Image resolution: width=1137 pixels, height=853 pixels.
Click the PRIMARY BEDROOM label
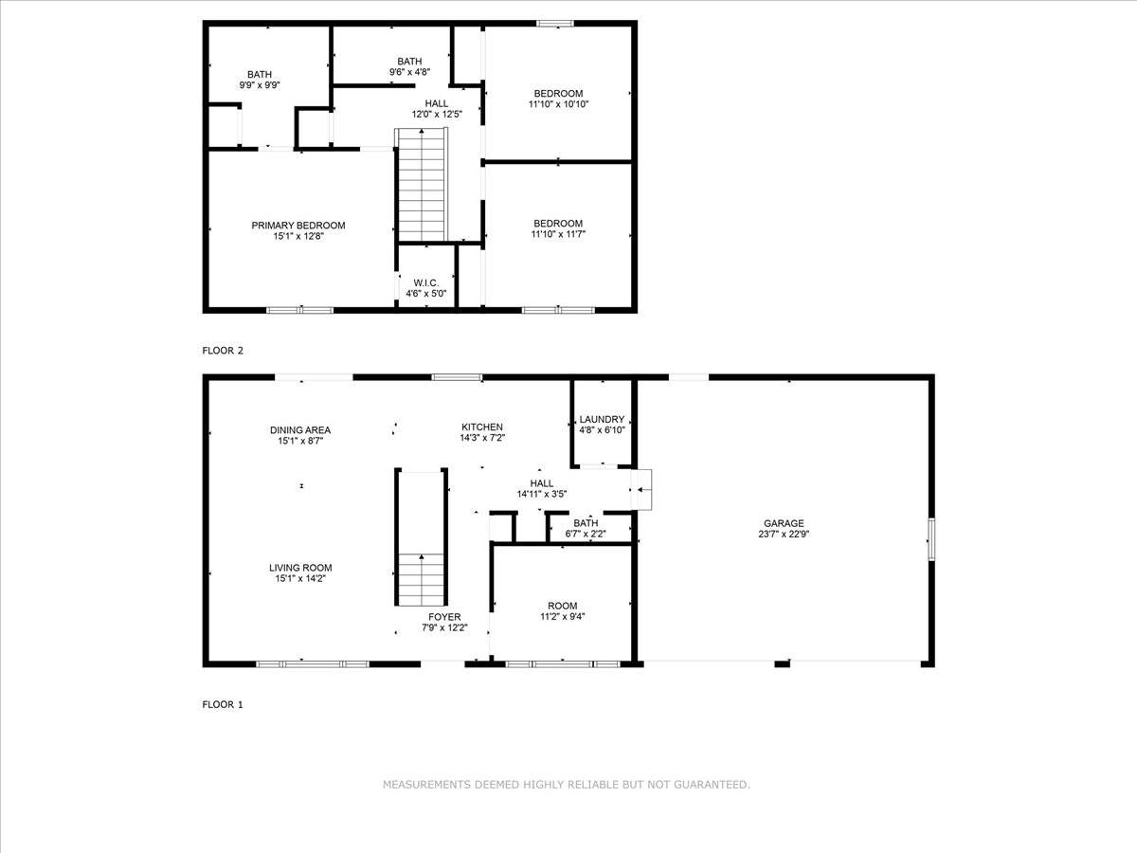[x=298, y=226]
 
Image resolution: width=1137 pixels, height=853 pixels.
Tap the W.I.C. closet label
[x=424, y=282]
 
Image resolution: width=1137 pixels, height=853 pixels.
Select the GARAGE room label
[x=784, y=523]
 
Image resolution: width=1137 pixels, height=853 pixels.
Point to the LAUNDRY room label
[x=602, y=420]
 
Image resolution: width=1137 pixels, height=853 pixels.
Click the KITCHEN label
[x=482, y=427]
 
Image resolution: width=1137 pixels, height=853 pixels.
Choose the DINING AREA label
[x=299, y=430]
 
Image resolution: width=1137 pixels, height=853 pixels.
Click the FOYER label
[x=444, y=617]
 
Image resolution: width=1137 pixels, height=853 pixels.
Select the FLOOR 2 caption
[x=223, y=351]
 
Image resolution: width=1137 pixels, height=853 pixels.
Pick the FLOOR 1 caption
[x=223, y=704]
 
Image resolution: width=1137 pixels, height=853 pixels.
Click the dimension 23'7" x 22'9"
[x=784, y=534]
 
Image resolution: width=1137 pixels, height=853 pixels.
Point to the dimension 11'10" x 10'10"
[x=558, y=104]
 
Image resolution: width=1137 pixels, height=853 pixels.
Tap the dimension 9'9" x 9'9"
[x=259, y=85]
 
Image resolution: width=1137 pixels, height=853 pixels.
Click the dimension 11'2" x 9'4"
[x=562, y=617]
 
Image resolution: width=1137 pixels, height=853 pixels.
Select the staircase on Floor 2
[x=421, y=185]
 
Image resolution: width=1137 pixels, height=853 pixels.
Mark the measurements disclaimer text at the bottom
[x=567, y=785]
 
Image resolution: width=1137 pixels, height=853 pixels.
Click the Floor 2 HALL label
[x=436, y=103]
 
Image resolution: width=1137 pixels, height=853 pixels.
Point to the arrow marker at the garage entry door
[x=641, y=490]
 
